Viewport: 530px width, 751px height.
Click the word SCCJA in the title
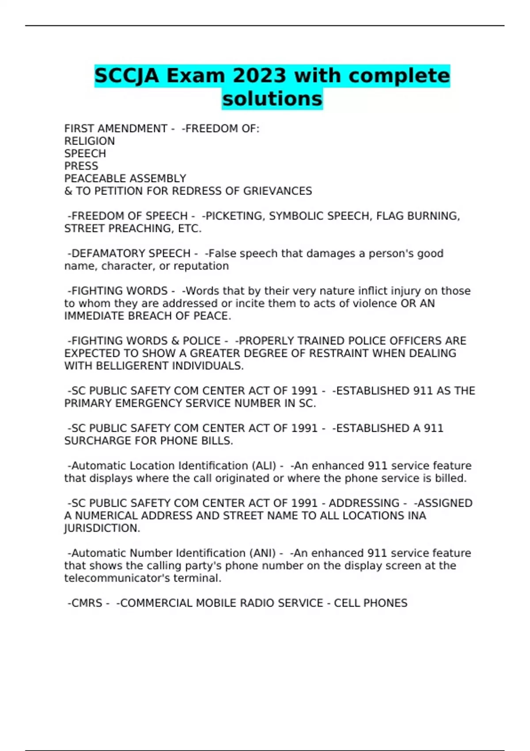tap(126, 76)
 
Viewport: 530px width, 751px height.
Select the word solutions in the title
tap(272, 99)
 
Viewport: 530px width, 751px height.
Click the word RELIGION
tap(90, 141)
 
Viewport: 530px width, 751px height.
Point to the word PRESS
tap(81, 166)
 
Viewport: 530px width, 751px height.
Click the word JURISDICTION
tap(102, 528)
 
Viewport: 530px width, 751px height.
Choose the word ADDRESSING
tap(364, 503)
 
